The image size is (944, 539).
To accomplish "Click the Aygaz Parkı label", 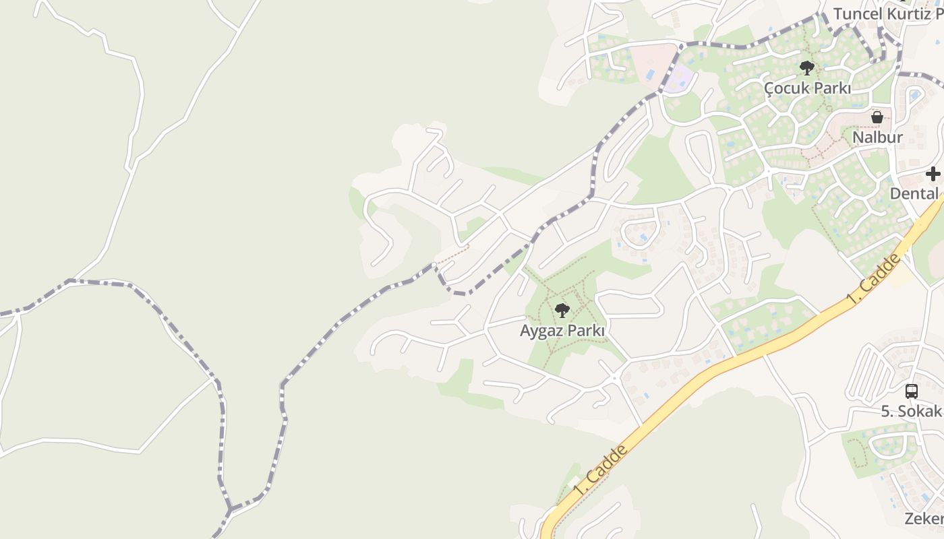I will [x=562, y=331].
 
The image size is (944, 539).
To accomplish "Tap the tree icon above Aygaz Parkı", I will [x=562, y=311].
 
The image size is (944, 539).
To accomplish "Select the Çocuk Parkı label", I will [x=807, y=88].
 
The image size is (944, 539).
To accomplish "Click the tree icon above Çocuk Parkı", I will [x=806, y=67].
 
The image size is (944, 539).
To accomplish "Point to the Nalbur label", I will [x=877, y=137].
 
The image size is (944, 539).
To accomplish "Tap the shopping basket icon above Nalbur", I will [x=877, y=117].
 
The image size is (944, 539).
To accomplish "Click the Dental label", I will [x=914, y=193].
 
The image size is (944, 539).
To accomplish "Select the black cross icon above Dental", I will [x=933, y=174].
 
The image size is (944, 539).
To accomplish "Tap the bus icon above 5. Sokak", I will [x=911, y=391].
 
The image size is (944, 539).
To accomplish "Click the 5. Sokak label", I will [x=911, y=411].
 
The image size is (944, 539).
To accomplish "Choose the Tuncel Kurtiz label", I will [x=887, y=13].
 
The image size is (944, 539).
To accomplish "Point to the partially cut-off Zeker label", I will [x=924, y=518].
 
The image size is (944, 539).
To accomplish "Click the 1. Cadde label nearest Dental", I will [x=875, y=279].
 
